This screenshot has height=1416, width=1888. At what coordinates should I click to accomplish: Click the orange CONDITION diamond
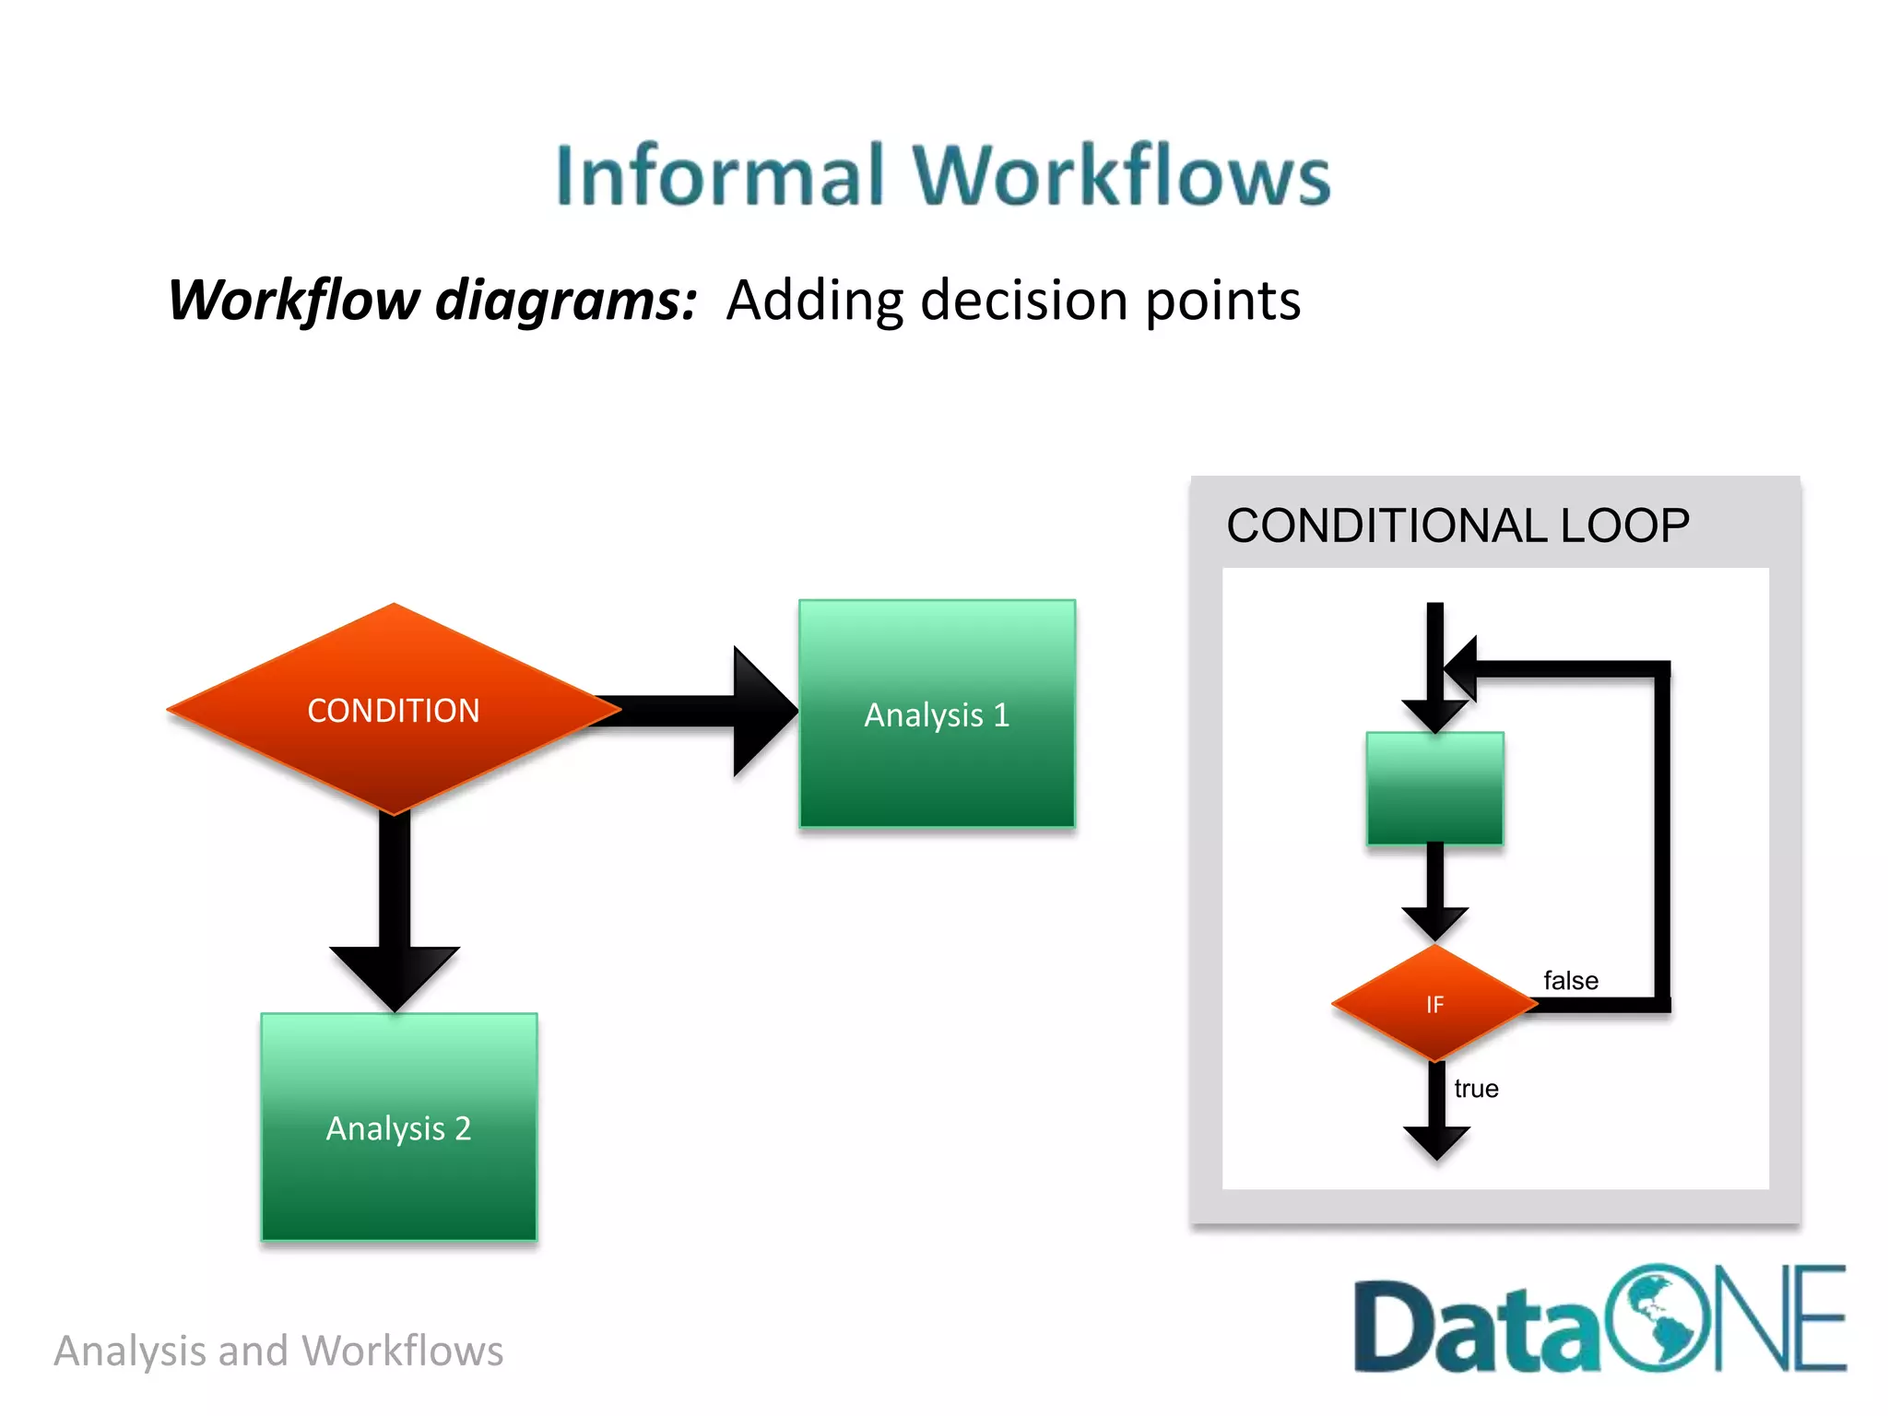click(x=394, y=710)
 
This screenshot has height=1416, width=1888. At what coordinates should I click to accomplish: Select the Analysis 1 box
click(x=937, y=714)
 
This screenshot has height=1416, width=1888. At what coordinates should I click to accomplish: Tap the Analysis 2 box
click(x=398, y=1127)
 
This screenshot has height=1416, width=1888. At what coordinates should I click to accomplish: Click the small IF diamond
click(x=1434, y=1004)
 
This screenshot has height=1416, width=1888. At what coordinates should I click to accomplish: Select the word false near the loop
click(x=1570, y=981)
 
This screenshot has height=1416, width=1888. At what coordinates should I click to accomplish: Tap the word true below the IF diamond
click(x=1476, y=1089)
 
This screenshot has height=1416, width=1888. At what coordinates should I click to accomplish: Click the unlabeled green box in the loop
click(x=1434, y=788)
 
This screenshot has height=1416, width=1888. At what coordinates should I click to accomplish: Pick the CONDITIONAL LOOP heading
click(x=1457, y=525)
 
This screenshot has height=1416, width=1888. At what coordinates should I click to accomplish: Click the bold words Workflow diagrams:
click(x=432, y=301)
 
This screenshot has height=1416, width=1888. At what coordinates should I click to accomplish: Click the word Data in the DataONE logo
click(x=1476, y=1327)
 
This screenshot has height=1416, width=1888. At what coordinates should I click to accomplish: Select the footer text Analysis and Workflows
click(x=278, y=1351)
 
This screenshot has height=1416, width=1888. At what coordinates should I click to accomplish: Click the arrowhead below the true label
click(x=1436, y=1141)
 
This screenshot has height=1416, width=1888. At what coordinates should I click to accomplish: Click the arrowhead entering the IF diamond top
click(x=1434, y=922)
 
